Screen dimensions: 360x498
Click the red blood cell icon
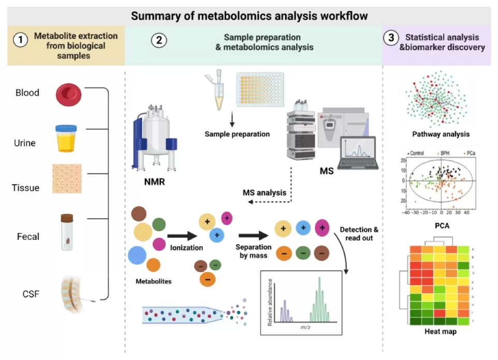click(69, 94)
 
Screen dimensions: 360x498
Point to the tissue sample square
click(67, 179)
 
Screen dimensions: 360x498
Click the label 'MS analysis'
click(264, 193)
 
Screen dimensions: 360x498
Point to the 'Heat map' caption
click(441, 332)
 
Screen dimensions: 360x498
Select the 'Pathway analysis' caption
click(441, 134)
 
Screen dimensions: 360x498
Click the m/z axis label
click(305, 328)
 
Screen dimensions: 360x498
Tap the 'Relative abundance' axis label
click(269, 303)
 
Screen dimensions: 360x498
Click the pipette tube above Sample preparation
click(216, 92)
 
